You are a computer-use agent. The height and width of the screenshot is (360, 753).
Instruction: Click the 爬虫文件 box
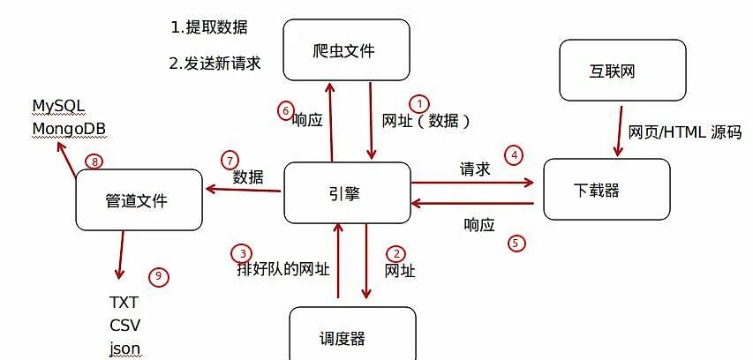tap(346, 51)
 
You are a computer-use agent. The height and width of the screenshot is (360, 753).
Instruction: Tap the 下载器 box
tap(606, 189)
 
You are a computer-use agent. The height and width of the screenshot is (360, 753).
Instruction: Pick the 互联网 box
tap(622, 71)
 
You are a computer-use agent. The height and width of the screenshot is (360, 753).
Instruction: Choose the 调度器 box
tap(352, 337)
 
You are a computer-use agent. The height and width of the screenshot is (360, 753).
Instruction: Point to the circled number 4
tap(514, 155)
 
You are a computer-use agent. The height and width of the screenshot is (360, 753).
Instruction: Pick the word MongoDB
tap(68, 129)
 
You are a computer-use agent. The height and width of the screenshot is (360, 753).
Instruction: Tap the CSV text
tap(124, 324)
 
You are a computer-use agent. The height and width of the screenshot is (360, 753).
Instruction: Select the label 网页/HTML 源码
tap(684, 133)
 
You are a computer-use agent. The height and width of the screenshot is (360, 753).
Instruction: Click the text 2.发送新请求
tap(215, 64)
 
